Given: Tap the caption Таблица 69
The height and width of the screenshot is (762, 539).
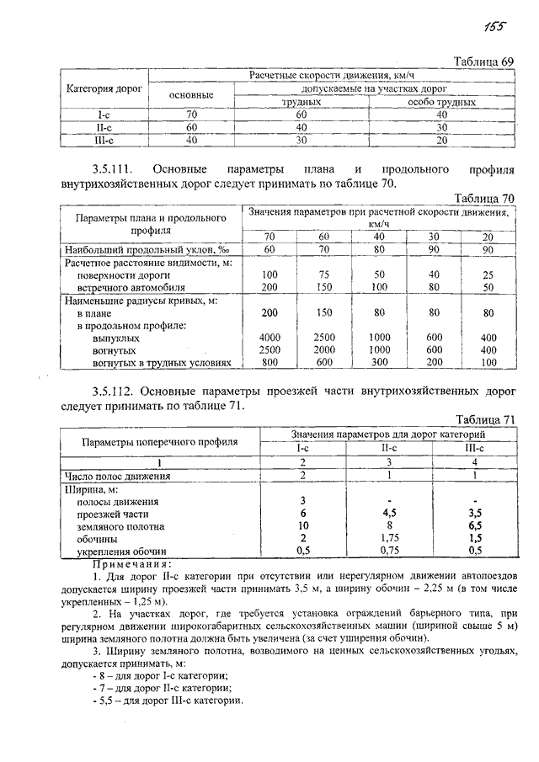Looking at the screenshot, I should pos(483,62).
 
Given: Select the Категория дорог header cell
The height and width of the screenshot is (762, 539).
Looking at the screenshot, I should pos(104,88).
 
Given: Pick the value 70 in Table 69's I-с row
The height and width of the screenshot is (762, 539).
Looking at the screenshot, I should pos(191,114).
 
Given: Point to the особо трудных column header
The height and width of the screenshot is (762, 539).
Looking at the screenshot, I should pos(442,102).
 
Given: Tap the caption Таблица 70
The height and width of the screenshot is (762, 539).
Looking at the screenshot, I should pos(483,198).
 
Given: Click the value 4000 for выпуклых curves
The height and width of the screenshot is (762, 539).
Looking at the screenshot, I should pos(269,338).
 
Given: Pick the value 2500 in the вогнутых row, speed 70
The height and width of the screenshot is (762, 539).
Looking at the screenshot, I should pos(269,349).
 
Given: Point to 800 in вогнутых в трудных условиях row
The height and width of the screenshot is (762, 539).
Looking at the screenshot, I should pos(269,362).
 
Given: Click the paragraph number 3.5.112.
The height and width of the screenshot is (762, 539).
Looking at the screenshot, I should pos(120,392).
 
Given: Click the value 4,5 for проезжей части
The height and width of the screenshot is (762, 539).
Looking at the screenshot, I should pos(388,513).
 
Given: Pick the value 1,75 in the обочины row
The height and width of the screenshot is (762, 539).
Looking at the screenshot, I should pos(388,537).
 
